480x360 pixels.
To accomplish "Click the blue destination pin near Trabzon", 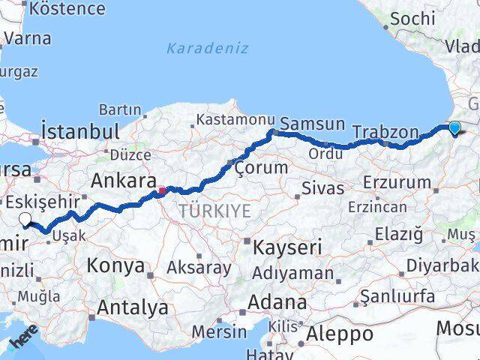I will click(x=454, y=128).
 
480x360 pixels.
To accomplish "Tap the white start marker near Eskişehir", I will click(x=25, y=220).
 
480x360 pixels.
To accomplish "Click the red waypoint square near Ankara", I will click(x=161, y=190).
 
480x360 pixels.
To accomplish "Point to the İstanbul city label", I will click(x=80, y=131).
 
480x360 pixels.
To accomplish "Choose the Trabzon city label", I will click(x=385, y=133).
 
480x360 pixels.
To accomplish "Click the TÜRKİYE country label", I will click(x=214, y=211).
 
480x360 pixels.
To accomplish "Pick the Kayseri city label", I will click(x=288, y=247).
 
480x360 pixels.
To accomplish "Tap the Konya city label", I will click(x=115, y=265).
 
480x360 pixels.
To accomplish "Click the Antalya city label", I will click(x=133, y=307).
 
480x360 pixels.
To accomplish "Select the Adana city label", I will click(x=279, y=303).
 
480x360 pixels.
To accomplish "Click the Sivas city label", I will click(x=322, y=187).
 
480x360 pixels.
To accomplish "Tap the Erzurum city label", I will click(x=397, y=182).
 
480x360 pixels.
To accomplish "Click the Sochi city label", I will click(x=412, y=19).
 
